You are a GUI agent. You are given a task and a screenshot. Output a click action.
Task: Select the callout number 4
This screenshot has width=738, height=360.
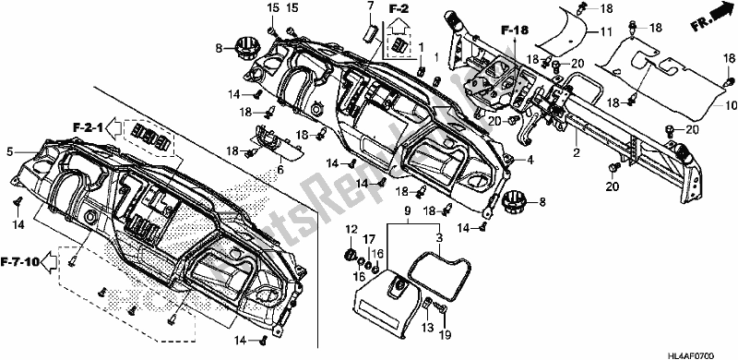coord(531,160)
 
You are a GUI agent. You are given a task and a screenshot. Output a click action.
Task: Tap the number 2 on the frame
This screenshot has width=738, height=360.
coord(575,152)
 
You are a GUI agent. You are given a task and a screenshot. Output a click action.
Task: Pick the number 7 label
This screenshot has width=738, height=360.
coord(370,6)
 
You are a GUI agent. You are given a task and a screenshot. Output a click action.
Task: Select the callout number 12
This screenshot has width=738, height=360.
coord(350,229)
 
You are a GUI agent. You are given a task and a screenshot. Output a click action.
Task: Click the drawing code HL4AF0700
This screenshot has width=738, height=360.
coord(711,353)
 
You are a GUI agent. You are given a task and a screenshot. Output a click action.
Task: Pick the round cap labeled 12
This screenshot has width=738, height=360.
coord(351,253)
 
